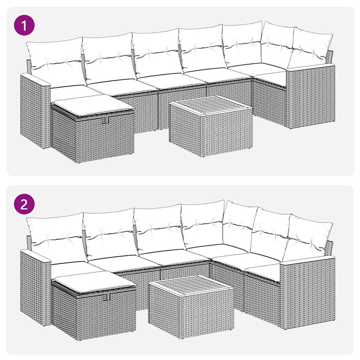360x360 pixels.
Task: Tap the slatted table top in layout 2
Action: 190,284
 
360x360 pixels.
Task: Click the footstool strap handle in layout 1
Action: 105,120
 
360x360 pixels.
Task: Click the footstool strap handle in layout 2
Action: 107,297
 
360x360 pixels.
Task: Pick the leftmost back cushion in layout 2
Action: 56,237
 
